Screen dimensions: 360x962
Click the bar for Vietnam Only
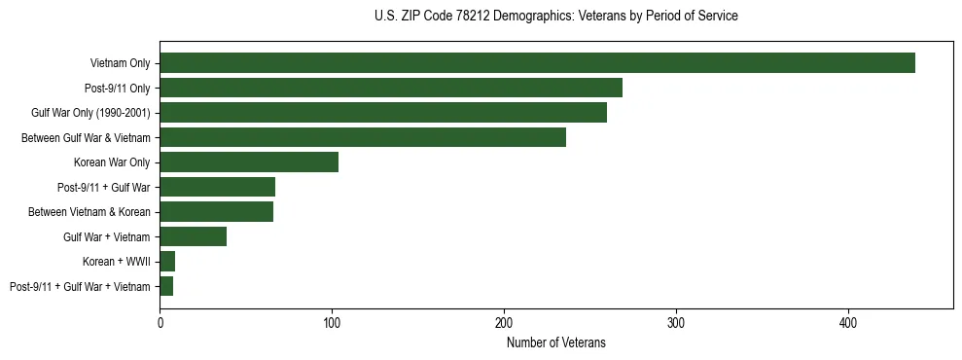537,63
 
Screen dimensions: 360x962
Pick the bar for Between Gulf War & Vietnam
363,137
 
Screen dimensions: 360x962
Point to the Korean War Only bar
249,162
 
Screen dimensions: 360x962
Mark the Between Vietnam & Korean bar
217,212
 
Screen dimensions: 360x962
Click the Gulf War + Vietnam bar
194,236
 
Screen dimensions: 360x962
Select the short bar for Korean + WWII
167,262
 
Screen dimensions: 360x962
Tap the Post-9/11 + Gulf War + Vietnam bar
166,286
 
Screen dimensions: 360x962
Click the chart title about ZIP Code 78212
556,17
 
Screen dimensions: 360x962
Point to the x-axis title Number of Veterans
556,342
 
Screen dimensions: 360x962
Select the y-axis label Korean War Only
112,162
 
